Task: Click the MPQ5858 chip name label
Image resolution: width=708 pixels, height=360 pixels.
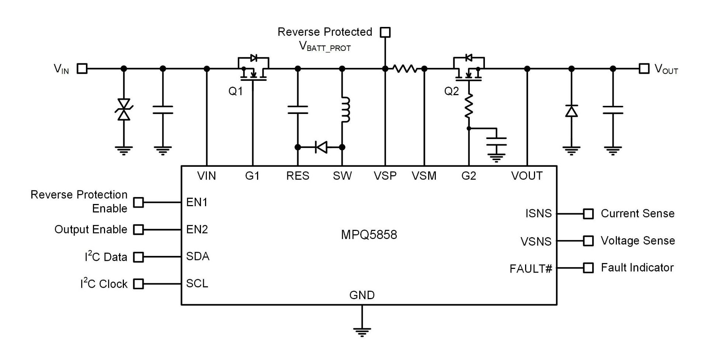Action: click(x=369, y=235)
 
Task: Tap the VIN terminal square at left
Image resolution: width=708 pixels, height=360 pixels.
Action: click(x=82, y=69)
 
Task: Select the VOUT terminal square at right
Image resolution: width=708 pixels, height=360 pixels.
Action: click(x=644, y=69)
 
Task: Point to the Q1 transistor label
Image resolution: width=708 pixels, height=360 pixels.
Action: click(x=236, y=91)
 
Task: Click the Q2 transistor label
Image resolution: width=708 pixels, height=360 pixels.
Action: click(x=451, y=91)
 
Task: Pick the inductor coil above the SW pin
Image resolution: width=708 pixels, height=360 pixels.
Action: click(x=345, y=110)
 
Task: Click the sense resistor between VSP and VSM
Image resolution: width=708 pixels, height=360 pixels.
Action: click(x=405, y=69)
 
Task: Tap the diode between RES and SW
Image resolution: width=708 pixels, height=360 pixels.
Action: click(x=321, y=147)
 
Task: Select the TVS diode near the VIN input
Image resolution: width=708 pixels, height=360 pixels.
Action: click(x=124, y=110)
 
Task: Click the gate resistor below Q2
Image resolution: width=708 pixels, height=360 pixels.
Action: click(x=469, y=106)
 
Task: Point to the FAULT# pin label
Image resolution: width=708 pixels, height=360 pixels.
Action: click(x=531, y=269)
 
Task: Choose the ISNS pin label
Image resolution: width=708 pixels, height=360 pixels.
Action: click(x=538, y=214)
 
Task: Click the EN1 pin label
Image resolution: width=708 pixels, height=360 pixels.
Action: click(x=197, y=202)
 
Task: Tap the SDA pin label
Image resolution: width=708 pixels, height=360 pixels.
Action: click(x=198, y=256)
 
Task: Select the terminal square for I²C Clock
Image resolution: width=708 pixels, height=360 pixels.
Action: click(x=138, y=284)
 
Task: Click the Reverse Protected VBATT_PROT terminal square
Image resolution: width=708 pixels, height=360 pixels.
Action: click(x=385, y=32)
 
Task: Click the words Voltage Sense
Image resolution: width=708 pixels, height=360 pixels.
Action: click(x=638, y=241)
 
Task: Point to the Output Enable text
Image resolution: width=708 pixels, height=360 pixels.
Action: click(x=91, y=229)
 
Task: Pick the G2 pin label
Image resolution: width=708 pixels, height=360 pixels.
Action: click(x=469, y=176)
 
